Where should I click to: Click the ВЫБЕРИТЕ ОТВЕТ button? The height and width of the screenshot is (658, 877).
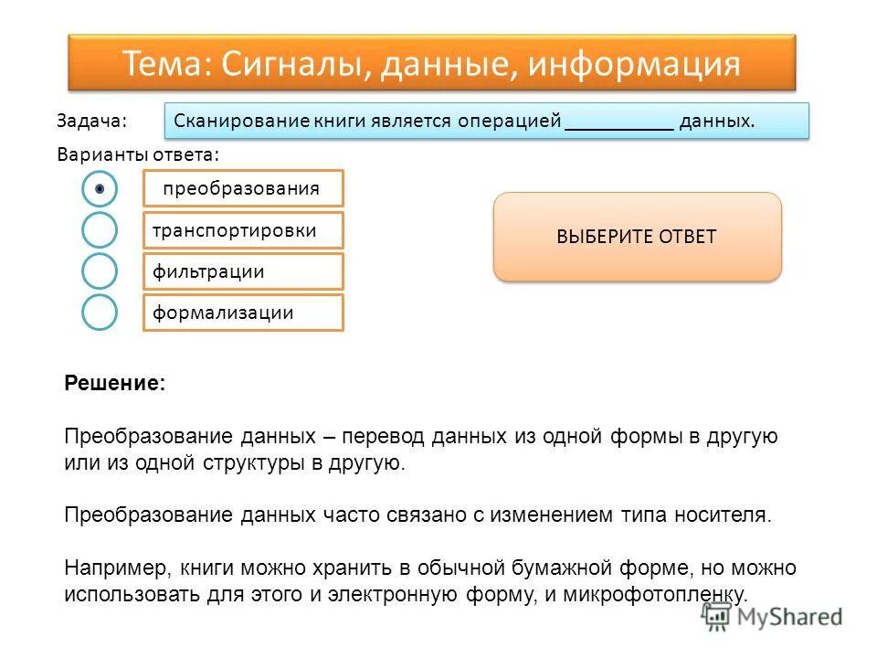[x=637, y=237]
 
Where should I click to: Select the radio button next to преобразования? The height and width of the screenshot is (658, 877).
[x=100, y=188]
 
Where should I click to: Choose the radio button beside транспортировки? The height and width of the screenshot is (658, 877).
[x=100, y=230]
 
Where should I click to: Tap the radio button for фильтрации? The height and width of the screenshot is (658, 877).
[x=100, y=271]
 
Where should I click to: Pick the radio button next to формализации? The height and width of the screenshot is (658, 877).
[x=100, y=313]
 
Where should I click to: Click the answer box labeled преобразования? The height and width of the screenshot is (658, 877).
[x=243, y=188]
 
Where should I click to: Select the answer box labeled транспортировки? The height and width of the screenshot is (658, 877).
[x=243, y=230]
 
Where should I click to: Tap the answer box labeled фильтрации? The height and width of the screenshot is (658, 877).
[x=243, y=271]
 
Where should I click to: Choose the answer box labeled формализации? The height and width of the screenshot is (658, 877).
[x=243, y=313]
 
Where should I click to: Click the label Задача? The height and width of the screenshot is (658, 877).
[x=91, y=122]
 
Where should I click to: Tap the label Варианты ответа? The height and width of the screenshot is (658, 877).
[x=138, y=154]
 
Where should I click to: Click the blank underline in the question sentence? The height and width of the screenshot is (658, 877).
[x=619, y=122]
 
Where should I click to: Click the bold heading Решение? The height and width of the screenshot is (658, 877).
[x=115, y=384]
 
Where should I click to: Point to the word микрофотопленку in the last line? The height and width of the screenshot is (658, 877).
[x=671, y=594]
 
